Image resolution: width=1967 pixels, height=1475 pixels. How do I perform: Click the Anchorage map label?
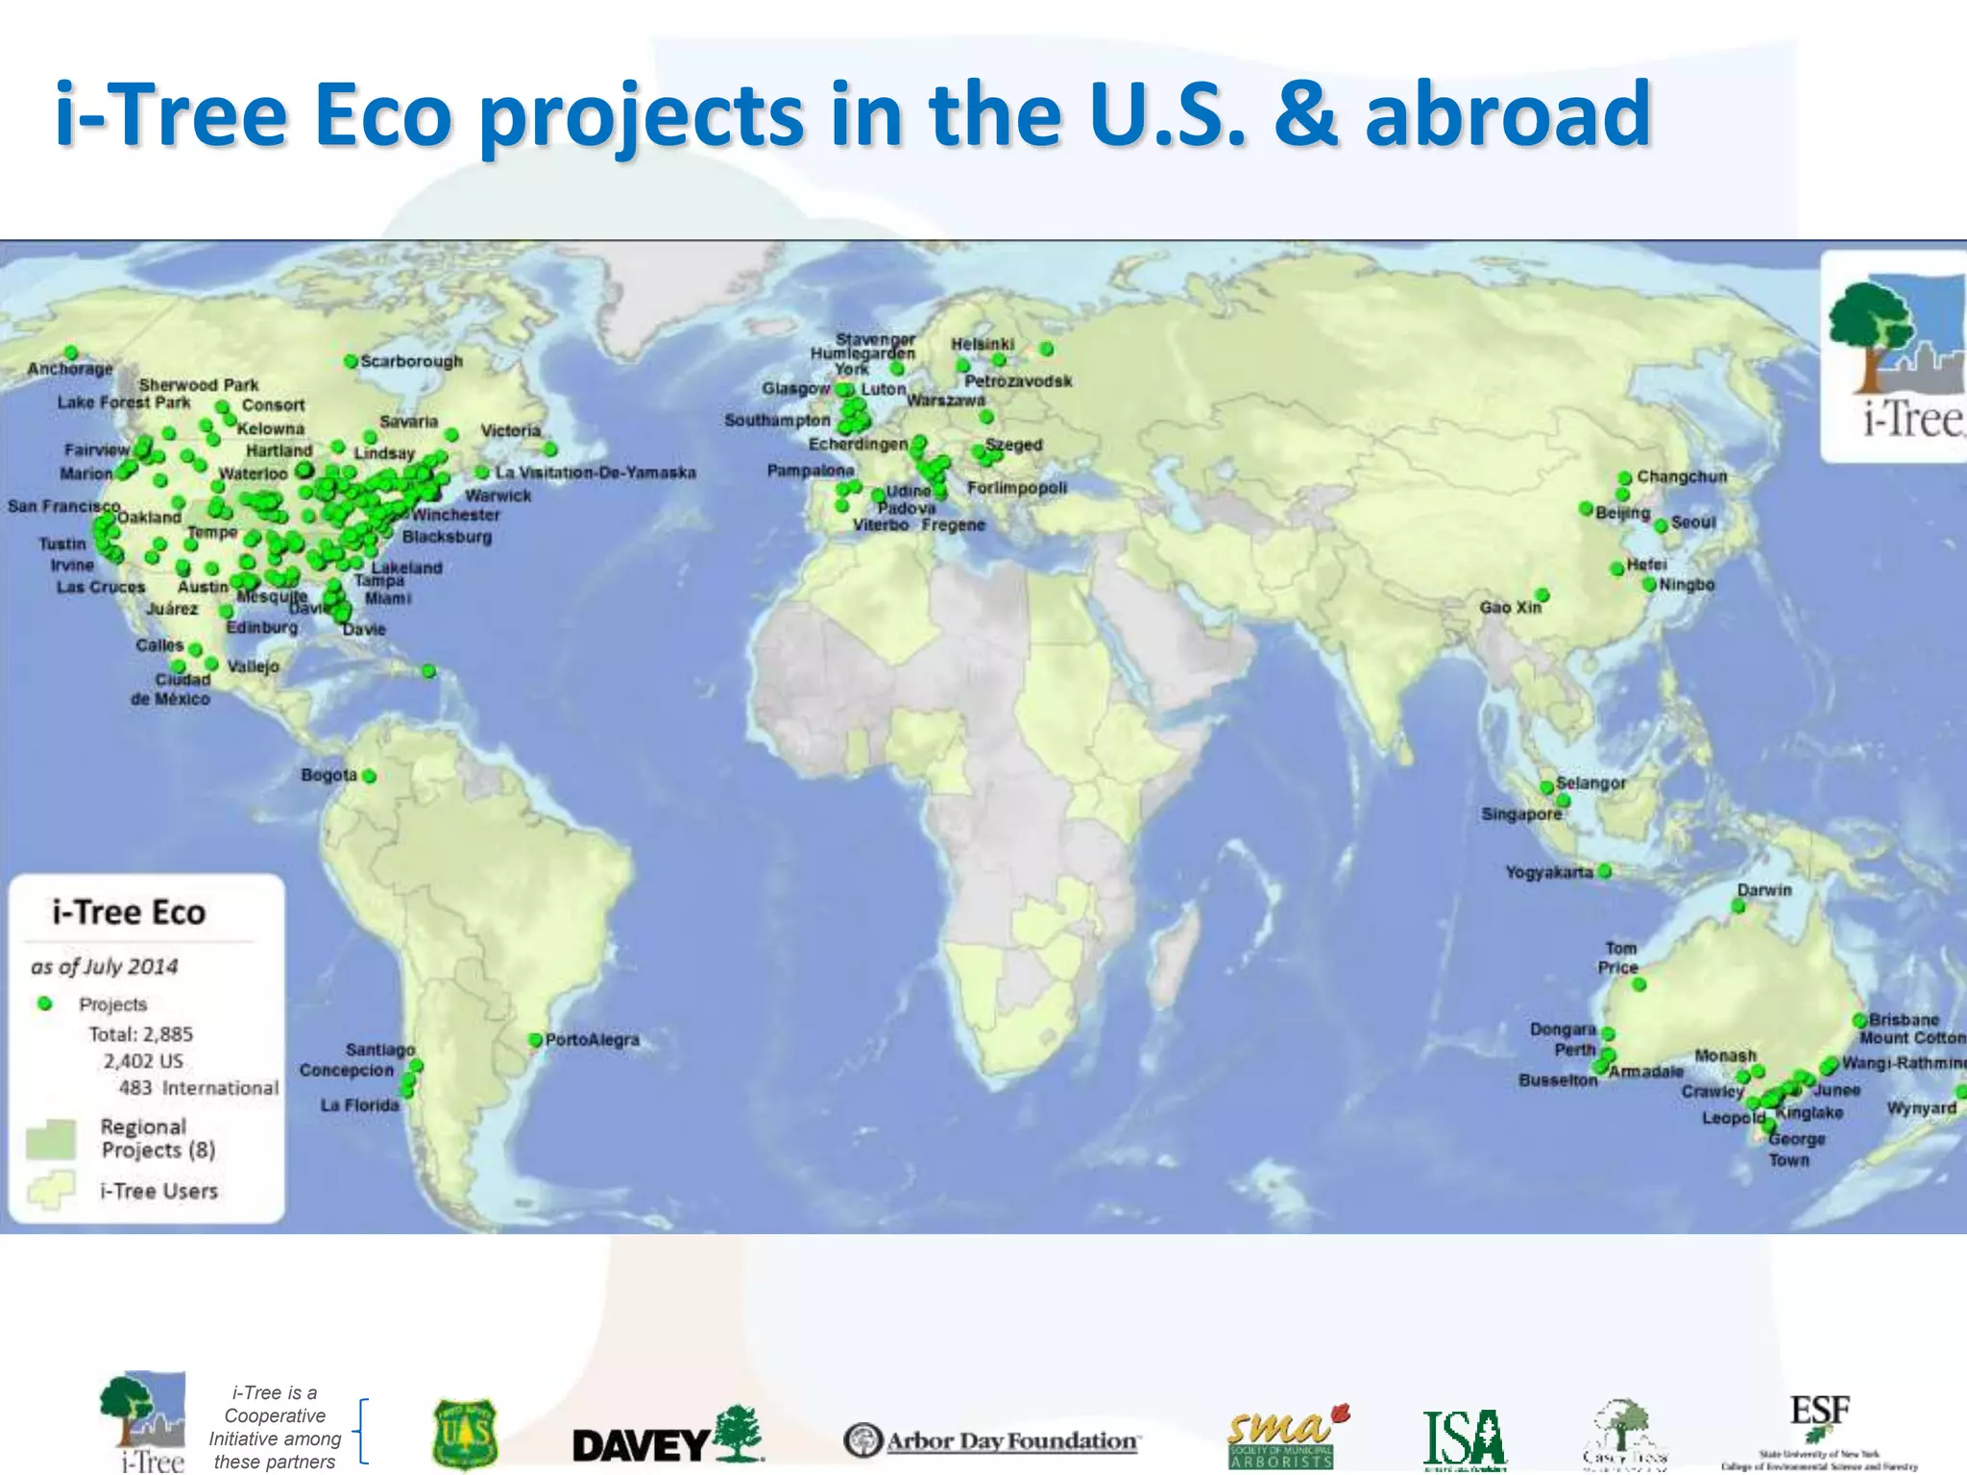click(x=70, y=369)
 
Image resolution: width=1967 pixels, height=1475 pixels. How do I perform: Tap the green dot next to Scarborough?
click(x=352, y=362)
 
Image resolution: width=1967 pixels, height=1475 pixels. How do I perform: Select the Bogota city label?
click(x=328, y=775)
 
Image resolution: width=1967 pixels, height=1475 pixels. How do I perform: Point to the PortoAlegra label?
click(x=592, y=1040)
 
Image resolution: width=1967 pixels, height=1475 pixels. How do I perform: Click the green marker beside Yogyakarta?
click(x=1605, y=871)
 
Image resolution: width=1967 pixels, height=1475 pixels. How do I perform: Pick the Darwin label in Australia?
click(x=1764, y=890)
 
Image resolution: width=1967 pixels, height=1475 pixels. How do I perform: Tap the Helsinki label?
click(x=983, y=344)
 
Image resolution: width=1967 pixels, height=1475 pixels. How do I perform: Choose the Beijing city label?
click(x=1623, y=513)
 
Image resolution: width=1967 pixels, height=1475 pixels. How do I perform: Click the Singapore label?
click(x=1521, y=814)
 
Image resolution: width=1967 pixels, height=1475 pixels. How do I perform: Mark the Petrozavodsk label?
click(x=1018, y=381)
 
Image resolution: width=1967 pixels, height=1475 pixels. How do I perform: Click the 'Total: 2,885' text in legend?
click(x=140, y=1034)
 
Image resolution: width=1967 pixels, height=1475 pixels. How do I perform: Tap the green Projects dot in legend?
click(x=44, y=1003)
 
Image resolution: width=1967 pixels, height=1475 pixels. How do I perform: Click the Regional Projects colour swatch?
click(x=51, y=1139)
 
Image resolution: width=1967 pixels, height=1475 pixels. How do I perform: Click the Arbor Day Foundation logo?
click(x=992, y=1440)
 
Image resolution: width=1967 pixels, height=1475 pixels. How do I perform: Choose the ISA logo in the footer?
click(x=1465, y=1439)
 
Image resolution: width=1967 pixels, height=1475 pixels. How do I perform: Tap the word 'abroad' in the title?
click(x=1507, y=115)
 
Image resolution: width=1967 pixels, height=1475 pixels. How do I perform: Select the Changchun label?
click(x=1682, y=476)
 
